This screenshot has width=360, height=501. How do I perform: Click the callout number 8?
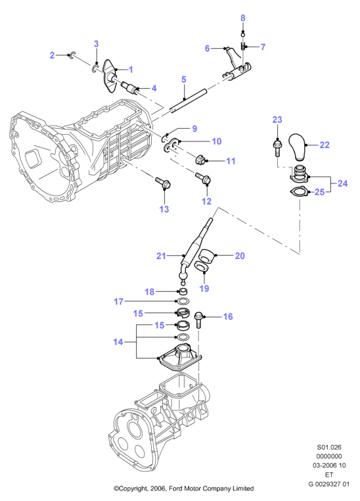pyautogui.click(x=243, y=18)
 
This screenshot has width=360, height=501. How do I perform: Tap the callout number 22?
pyautogui.click(x=325, y=145)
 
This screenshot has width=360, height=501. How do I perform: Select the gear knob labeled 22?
pyautogui.click(x=299, y=147)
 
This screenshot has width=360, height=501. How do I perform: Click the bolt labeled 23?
pyautogui.click(x=277, y=147)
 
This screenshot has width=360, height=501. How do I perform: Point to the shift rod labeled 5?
pyautogui.click(x=189, y=101)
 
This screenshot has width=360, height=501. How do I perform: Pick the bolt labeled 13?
pyautogui.click(x=164, y=183)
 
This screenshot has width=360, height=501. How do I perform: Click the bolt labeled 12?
pyautogui.click(x=203, y=178)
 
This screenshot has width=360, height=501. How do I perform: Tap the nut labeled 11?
pyautogui.click(x=201, y=158)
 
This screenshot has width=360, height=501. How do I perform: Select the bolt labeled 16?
pyautogui.click(x=198, y=320)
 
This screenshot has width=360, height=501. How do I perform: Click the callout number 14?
pyautogui.click(x=118, y=342)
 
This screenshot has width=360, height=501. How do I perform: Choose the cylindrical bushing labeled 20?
pyautogui.click(x=207, y=256)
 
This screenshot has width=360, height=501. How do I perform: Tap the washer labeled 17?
pyautogui.click(x=182, y=301)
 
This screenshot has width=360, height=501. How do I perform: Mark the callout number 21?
pyautogui.click(x=161, y=256)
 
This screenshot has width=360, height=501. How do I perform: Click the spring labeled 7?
pyautogui.click(x=243, y=47)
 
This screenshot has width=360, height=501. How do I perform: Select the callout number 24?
pyautogui.click(x=342, y=183)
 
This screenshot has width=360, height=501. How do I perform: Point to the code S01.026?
pyautogui.click(x=328, y=447)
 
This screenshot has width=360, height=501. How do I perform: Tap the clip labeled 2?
pyautogui.click(x=72, y=55)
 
